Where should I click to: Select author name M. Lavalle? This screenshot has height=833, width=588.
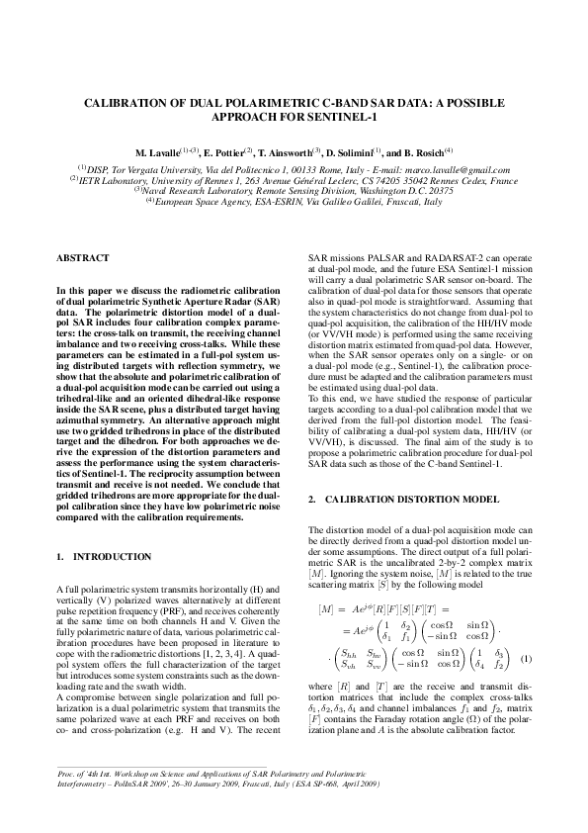click(x=157, y=153)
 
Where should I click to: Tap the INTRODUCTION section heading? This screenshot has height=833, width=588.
click(x=117, y=557)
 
